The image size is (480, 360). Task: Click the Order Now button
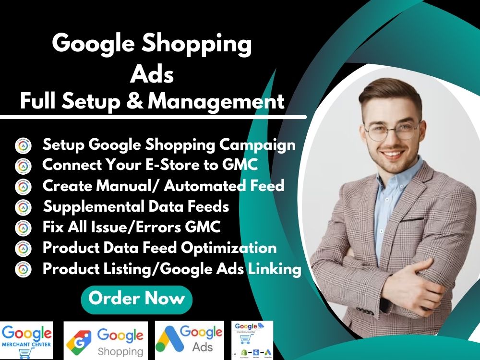coord(137,299)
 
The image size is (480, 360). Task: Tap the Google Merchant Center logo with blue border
coord(27,340)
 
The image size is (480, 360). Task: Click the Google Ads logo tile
coord(191,340)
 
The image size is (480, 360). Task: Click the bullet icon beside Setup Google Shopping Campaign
coord(23,145)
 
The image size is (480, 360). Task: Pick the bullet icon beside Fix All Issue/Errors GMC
coord(23,228)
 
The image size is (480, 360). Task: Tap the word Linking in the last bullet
coord(274,269)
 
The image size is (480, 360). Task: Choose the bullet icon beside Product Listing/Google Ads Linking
coord(23,269)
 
